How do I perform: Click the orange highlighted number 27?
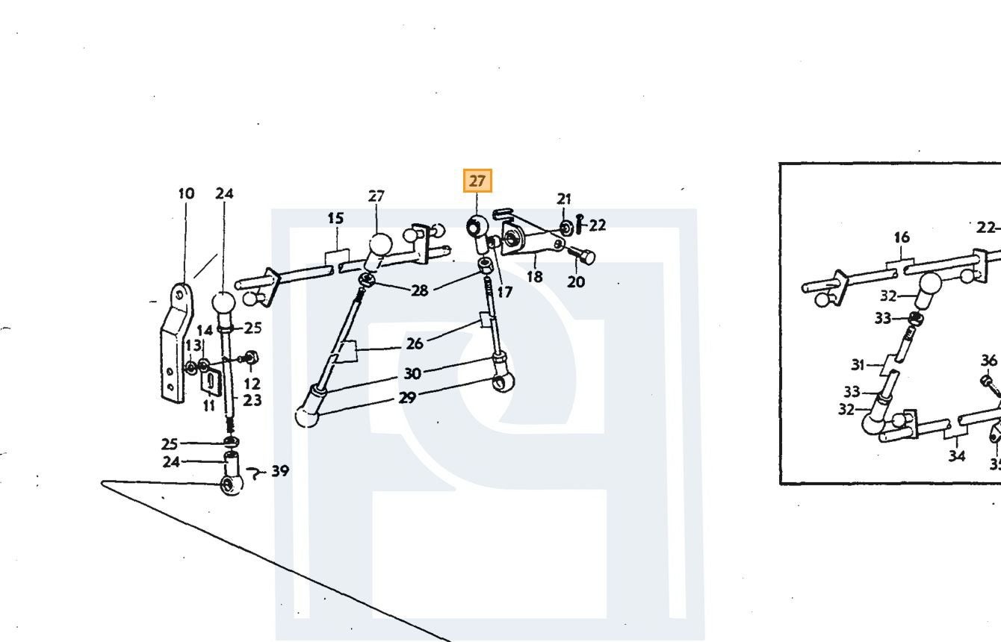click(477, 181)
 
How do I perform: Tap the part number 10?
click(186, 194)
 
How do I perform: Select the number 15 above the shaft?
click(335, 218)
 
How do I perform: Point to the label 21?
click(564, 199)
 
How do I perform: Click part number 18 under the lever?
click(535, 277)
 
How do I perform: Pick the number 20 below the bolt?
click(576, 281)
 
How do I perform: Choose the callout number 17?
click(504, 293)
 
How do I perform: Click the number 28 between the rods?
click(420, 290)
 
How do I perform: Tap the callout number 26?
click(415, 344)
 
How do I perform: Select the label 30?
click(412, 373)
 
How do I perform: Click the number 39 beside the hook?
click(280, 470)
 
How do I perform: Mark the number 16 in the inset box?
click(902, 237)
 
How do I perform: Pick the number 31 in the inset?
click(858, 365)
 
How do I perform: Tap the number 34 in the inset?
click(957, 456)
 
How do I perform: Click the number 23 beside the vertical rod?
click(252, 400)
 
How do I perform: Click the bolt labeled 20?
click(582, 256)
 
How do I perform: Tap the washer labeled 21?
click(567, 228)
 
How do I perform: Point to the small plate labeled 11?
click(209, 382)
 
